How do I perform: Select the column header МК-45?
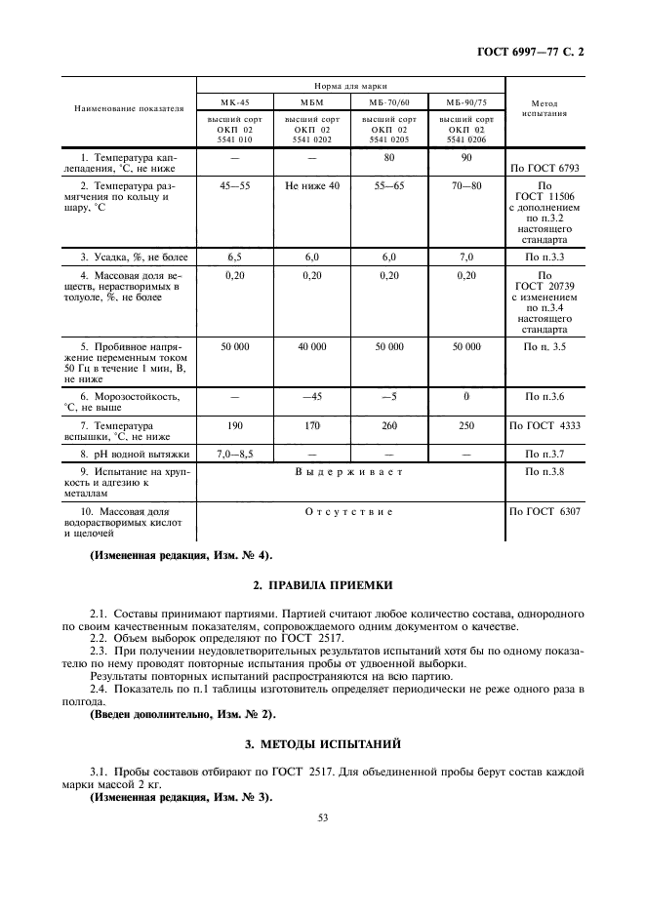pos(233,101)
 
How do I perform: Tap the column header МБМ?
pos(311,101)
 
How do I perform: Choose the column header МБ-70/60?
pos(389,101)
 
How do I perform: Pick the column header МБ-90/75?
pos(466,101)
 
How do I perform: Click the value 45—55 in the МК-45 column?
pos(233,184)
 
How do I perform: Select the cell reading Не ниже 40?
pos(312,184)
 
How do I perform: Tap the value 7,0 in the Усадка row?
pos(466,257)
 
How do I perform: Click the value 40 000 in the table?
pos(312,346)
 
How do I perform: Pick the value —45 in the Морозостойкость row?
pos(312,397)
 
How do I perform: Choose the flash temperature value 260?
pos(389,426)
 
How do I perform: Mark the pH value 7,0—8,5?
pos(234,454)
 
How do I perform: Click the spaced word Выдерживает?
pos(349,472)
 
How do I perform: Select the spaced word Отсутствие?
pos(349,511)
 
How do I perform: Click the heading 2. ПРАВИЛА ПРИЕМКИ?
pos(322,585)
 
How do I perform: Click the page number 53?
pos(322,817)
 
